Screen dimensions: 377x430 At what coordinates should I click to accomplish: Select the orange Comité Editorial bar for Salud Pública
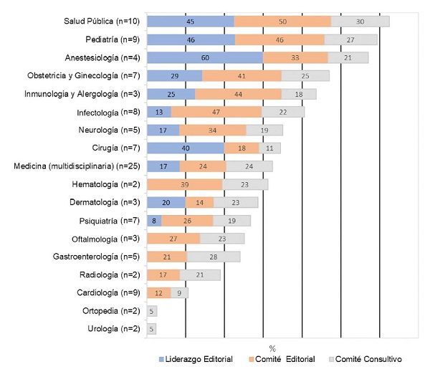pos(282,21)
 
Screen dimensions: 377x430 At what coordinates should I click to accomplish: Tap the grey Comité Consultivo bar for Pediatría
pos(350,39)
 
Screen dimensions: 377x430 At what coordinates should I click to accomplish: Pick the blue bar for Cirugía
pos(185,148)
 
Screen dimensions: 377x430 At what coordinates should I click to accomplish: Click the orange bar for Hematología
pos(184,184)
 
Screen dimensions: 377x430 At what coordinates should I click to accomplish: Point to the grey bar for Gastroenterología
pos(214,257)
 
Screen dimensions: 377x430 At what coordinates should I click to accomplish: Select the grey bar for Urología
pos(151,329)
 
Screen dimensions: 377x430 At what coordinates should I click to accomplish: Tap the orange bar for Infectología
pos(216,111)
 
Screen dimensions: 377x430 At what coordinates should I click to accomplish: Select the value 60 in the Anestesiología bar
pos(205,57)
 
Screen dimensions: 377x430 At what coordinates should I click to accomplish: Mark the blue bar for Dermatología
pos(166,202)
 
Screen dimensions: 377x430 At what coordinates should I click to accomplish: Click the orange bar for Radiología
pos(163,275)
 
